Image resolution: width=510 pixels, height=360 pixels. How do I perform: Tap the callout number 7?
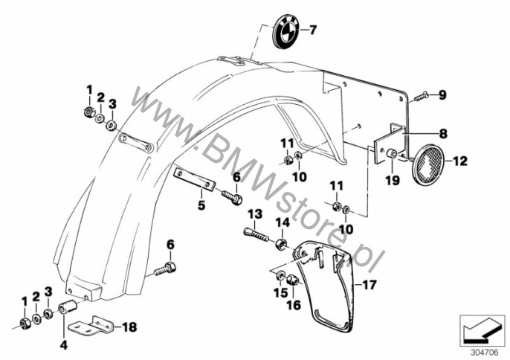tap(312, 30)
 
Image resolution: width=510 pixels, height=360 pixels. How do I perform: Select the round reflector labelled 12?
tap(428, 164)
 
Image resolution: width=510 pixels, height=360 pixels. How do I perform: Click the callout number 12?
tap(460, 161)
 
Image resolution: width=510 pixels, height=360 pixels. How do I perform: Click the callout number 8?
tap(443, 133)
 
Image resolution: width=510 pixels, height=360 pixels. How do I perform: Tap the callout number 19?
tap(393, 180)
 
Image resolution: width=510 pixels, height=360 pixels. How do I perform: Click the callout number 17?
tap(369, 285)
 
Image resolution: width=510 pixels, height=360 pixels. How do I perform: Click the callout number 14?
tap(283, 222)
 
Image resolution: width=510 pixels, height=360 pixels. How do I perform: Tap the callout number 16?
tap(294, 305)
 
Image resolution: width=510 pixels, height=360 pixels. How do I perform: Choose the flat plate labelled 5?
tap(195, 179)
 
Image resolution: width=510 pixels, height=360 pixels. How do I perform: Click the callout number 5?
tap(201, 205)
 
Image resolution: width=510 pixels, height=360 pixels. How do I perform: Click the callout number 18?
tap(130, 327)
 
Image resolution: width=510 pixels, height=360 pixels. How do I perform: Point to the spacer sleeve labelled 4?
tap(68, 306)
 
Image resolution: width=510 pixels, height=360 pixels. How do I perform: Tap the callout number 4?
tap(64, 345)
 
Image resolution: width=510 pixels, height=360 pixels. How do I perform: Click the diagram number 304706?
tap(484, 353)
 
